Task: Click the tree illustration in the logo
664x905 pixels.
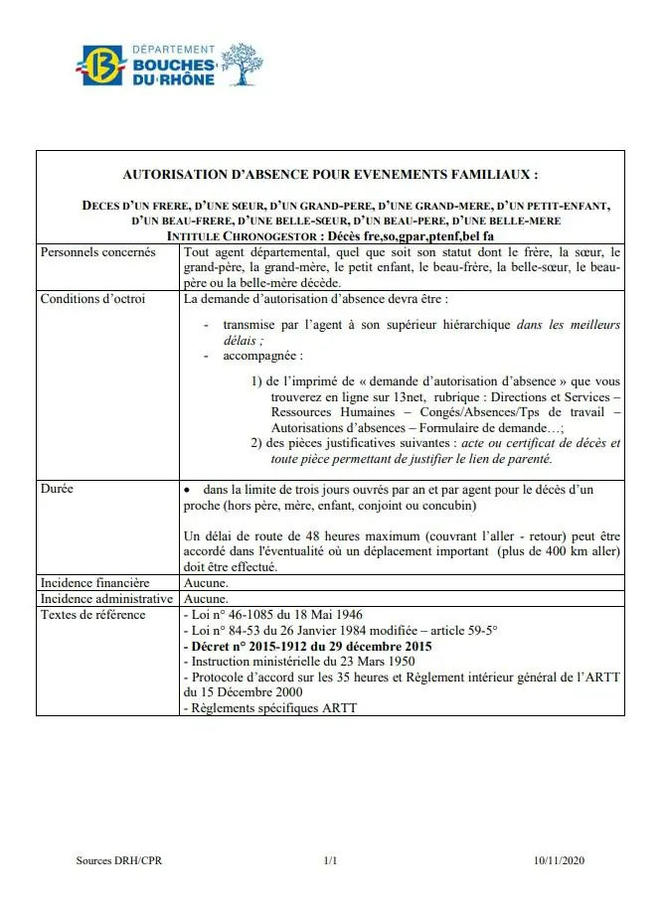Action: (x=243, y=63)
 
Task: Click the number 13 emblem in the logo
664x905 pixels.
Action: (x=99, y=67)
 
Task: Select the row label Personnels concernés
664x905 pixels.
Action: (x=97, y=252)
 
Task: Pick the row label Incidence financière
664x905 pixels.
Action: (x=94, y=582)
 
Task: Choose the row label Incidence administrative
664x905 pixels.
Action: (x=105, y=599)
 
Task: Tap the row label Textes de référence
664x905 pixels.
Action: (x=92, y=615)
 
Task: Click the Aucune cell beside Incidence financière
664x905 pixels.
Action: (x=206, y=582)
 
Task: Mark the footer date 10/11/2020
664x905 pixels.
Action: (x=560, y=860)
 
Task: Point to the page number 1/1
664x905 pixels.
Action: (x=331, y=860)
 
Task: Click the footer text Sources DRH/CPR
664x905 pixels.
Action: (x=119, y=860)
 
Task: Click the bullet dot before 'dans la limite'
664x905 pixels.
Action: (x=189, y=490)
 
